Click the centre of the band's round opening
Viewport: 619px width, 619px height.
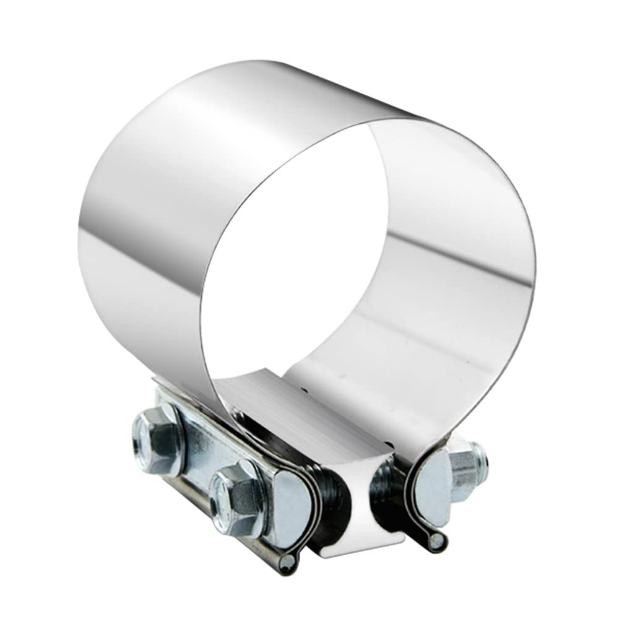tap(297, 248)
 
